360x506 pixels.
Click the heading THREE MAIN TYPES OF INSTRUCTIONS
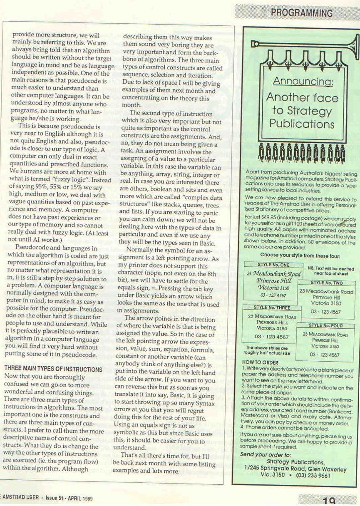coord(53,369)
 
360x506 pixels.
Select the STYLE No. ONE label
coord(273,265)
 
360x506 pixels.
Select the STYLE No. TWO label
coord(326,282)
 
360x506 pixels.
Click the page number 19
coord(329,501)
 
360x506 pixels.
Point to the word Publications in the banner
coord(302,124)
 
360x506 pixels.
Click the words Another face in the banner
coord(302,97)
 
